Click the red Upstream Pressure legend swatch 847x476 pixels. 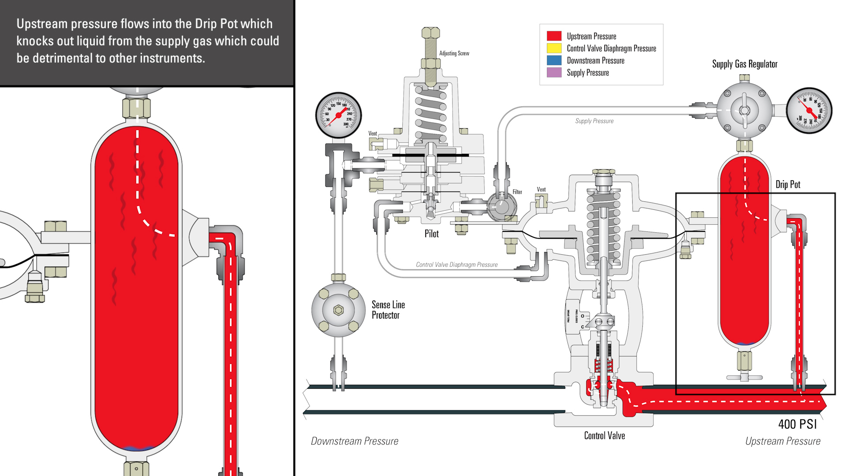pos(554,36)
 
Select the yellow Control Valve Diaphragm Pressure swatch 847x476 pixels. pos(554,48)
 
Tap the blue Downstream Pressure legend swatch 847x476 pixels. pos(554,60)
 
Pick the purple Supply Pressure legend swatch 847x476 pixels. pos(554,72)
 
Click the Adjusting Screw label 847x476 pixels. pos(454,53)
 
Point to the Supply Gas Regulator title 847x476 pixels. pos(745,64)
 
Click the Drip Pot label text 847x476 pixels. pos(788,185)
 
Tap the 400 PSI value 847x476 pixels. pos(798,424)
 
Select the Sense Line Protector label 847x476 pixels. pos(388,310)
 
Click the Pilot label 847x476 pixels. pos(431,234)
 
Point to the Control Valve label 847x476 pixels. pos(604,436)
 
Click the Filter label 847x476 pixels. pos(517,192)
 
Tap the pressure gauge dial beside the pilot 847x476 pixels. pos(338,115)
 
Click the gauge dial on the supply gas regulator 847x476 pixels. pos(809,111)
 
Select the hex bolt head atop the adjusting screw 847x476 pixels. pos(431,33)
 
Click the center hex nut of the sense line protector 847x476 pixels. pos(338,310)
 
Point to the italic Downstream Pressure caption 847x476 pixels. pos(354,441)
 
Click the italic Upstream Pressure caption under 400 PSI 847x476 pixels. pos(783,441)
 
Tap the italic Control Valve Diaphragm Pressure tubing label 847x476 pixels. pos(457,265)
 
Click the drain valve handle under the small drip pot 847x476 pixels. pos(745,377)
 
